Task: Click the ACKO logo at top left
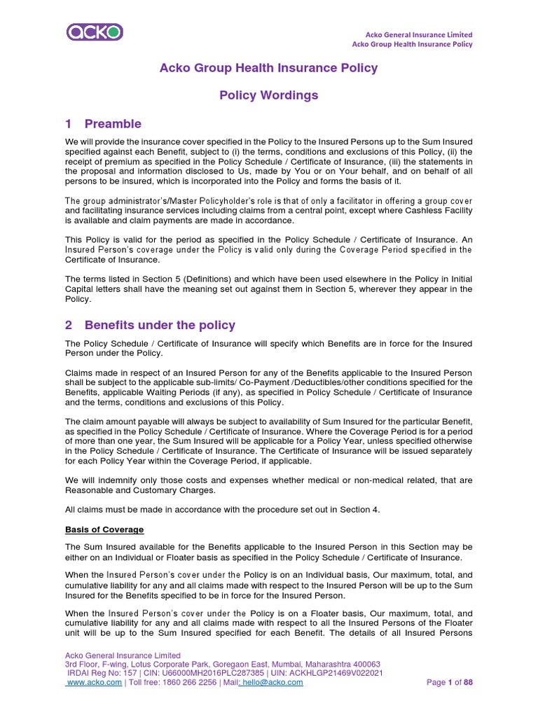[95, 32]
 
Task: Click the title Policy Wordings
[268, 95]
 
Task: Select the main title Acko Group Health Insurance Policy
[268, 68]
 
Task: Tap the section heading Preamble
[113, 124]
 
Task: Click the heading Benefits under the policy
[160, 325]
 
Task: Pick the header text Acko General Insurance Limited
[420, 34]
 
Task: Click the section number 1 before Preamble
[69, 124]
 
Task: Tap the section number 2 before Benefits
[69, 325]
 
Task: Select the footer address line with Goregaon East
[223, 664]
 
